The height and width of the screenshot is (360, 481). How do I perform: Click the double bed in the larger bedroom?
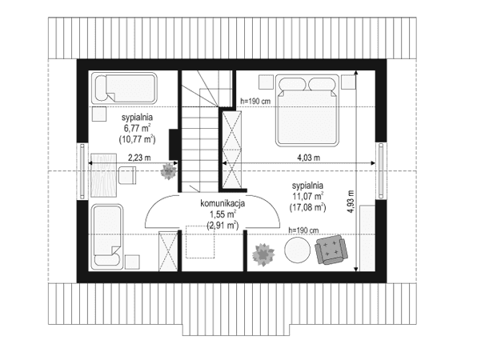tap(307, 110)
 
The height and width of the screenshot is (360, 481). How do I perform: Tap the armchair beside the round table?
tap(334, 250)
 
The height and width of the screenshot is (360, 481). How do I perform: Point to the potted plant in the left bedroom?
tap(169, 170)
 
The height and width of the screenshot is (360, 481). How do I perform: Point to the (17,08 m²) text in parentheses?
tap(308, 207)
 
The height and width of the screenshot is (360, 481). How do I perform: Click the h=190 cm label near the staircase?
tap(256, 101)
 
